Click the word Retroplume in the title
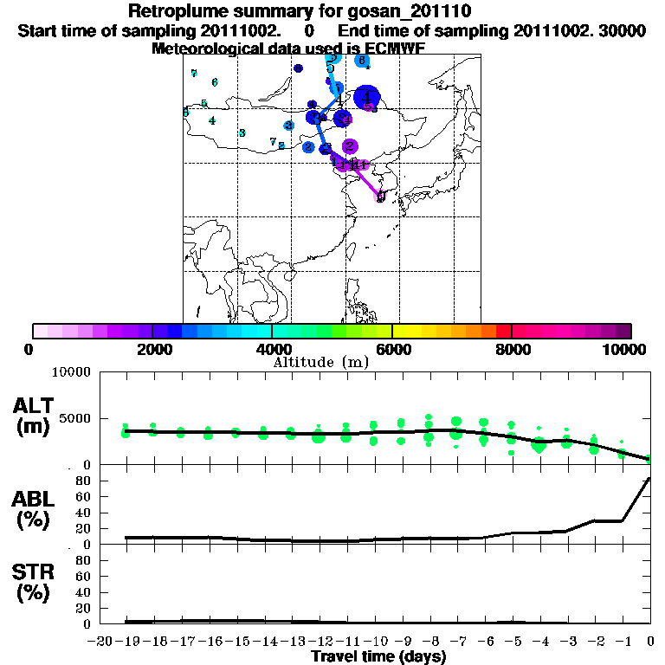pos(178,11)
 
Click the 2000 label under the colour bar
pos(152,350)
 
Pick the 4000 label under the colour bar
pos(272,350)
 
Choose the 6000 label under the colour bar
pos(392,350)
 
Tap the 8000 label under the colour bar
pos(513,350)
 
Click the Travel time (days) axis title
pos(378,657)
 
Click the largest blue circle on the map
pos(368,97)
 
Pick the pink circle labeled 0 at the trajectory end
pos(380,196)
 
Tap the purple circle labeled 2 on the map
pos(350,146)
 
